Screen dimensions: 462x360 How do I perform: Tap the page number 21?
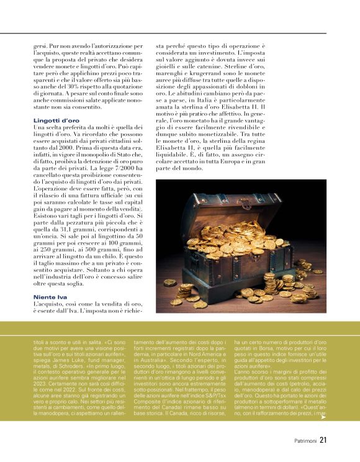[x=323, y=441]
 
